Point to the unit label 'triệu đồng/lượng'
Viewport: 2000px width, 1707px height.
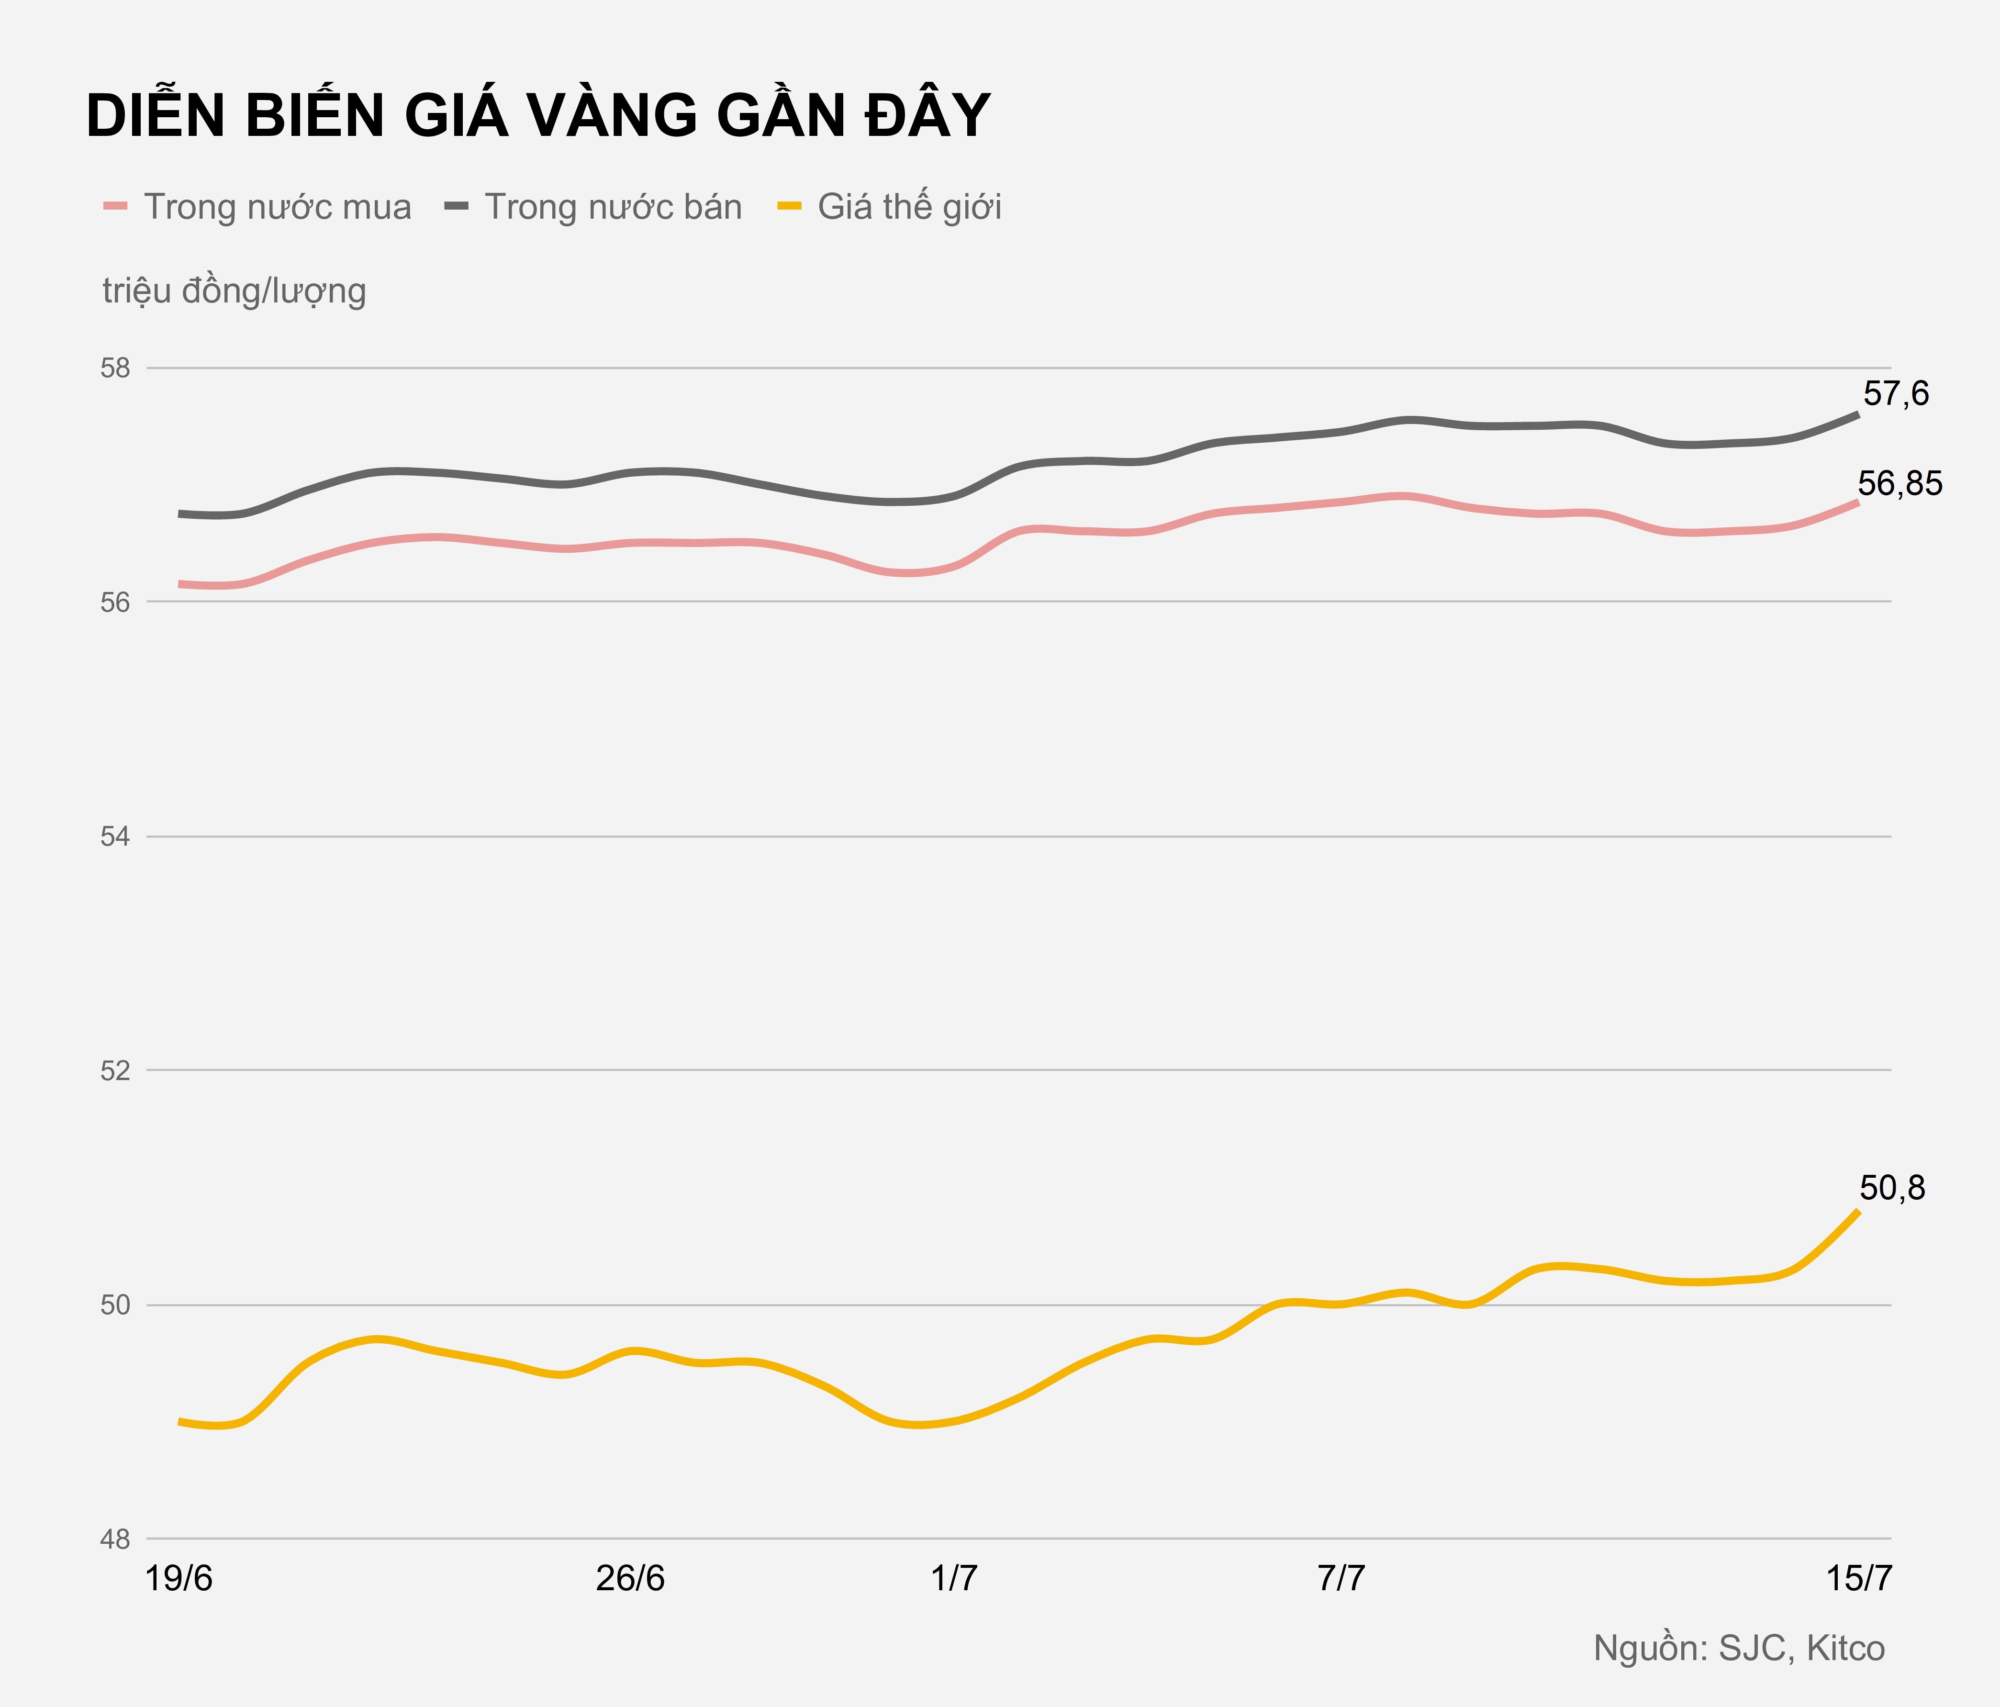(x=235, y=290)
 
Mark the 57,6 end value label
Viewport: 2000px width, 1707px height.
(x=1895, y=394)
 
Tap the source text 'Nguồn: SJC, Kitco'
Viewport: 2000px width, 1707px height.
(x=1738, y=1648)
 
